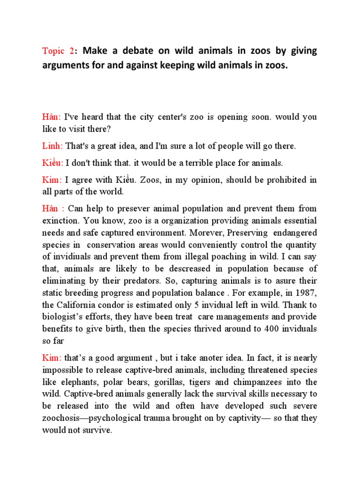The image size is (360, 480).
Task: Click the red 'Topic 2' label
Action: coord(58,51)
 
